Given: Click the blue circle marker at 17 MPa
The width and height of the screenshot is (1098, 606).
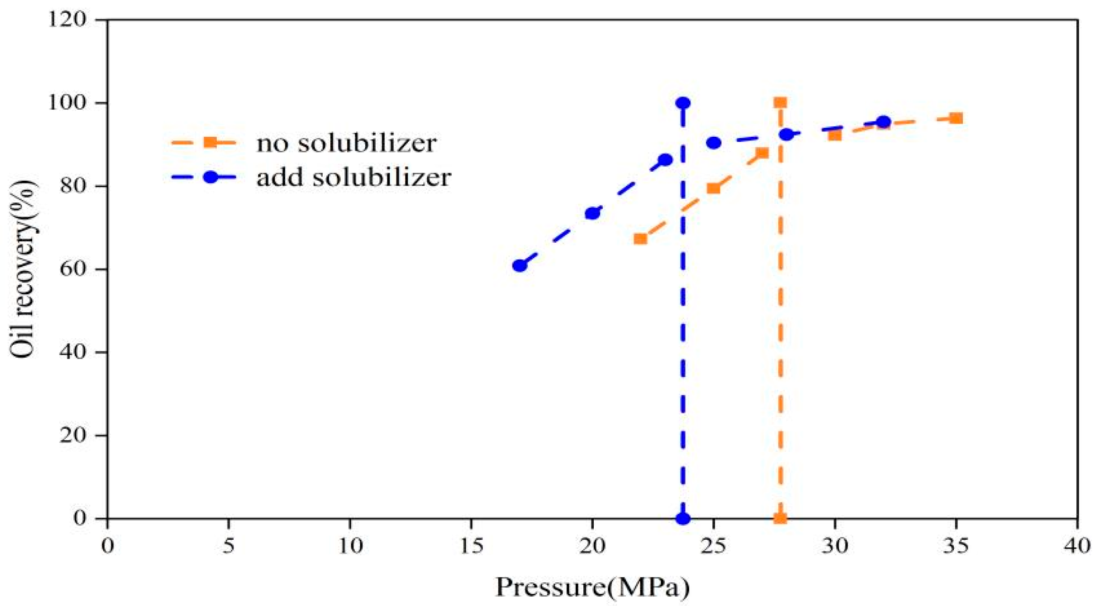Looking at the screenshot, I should [x=519, y=265].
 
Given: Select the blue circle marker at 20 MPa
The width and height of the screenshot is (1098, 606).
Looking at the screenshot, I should [x=592, y=213].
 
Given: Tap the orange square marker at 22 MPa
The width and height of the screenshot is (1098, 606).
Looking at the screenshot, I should [x=640, y=238].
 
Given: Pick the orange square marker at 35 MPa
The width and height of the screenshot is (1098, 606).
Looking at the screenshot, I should [x=956, y=118].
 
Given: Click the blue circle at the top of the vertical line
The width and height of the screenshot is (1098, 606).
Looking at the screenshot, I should [x=683, y=103].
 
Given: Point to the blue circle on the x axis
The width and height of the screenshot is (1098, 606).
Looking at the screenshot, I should [x=683, y=518].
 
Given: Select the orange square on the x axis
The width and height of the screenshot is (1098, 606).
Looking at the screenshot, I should [x=780, y=518].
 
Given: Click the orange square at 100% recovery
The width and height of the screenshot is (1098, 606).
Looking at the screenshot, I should [x=780, y=103].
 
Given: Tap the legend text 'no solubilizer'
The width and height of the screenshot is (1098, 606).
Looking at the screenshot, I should [x=346, y=143].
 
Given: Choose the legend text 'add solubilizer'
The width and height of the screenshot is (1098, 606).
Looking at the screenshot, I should [x=353, y=177].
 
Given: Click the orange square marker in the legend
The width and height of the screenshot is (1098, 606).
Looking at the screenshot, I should [x=210, y=142].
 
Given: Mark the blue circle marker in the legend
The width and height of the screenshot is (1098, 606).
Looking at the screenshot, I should [x=210, y=177].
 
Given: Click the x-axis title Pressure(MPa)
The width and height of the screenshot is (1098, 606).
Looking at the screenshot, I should [x=592, y=587].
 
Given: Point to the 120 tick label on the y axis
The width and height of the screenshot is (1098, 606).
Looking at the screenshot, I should [x=68, y=20].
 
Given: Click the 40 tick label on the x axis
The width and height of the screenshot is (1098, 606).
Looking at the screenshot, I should [x=1077, y=546].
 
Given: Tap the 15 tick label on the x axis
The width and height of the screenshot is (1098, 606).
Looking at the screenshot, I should [x=471, y=546].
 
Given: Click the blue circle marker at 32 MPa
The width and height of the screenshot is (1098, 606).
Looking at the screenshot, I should [x=883, y=122].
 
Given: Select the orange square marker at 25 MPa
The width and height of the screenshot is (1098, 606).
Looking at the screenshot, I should [x=713, y=188].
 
